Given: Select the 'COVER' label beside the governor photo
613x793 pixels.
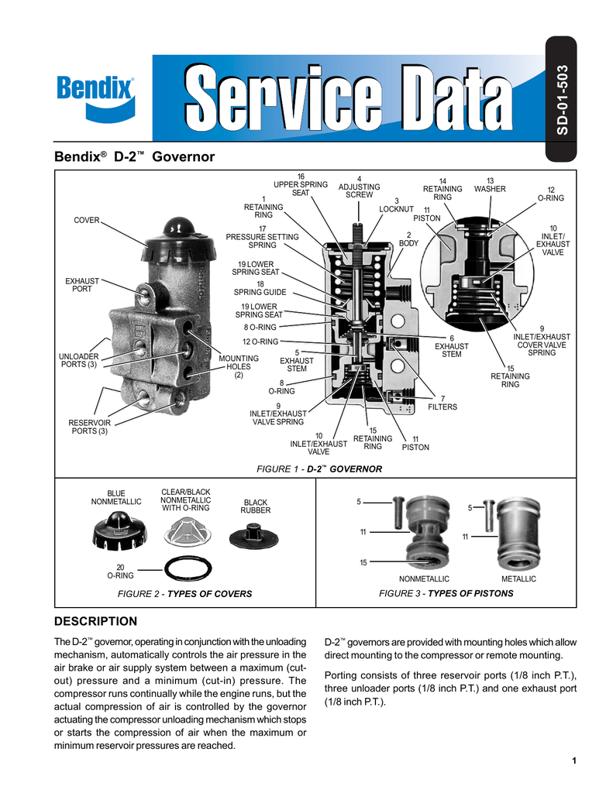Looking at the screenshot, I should pos(86,221).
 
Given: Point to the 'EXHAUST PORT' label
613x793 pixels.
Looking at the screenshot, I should pos(81,284).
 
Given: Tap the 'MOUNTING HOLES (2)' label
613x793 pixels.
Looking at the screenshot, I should pos(239,367).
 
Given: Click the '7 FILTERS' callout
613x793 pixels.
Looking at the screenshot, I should pos(443,403).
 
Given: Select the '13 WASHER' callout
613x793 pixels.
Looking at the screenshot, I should pos(490,185).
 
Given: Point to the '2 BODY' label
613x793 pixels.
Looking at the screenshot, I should pos(408,239).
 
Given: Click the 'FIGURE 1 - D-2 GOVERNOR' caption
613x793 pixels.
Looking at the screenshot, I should pos(319,469).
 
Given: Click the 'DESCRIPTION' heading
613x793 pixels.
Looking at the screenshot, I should pos(95,621).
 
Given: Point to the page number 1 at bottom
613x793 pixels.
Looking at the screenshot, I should pos(574,760).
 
